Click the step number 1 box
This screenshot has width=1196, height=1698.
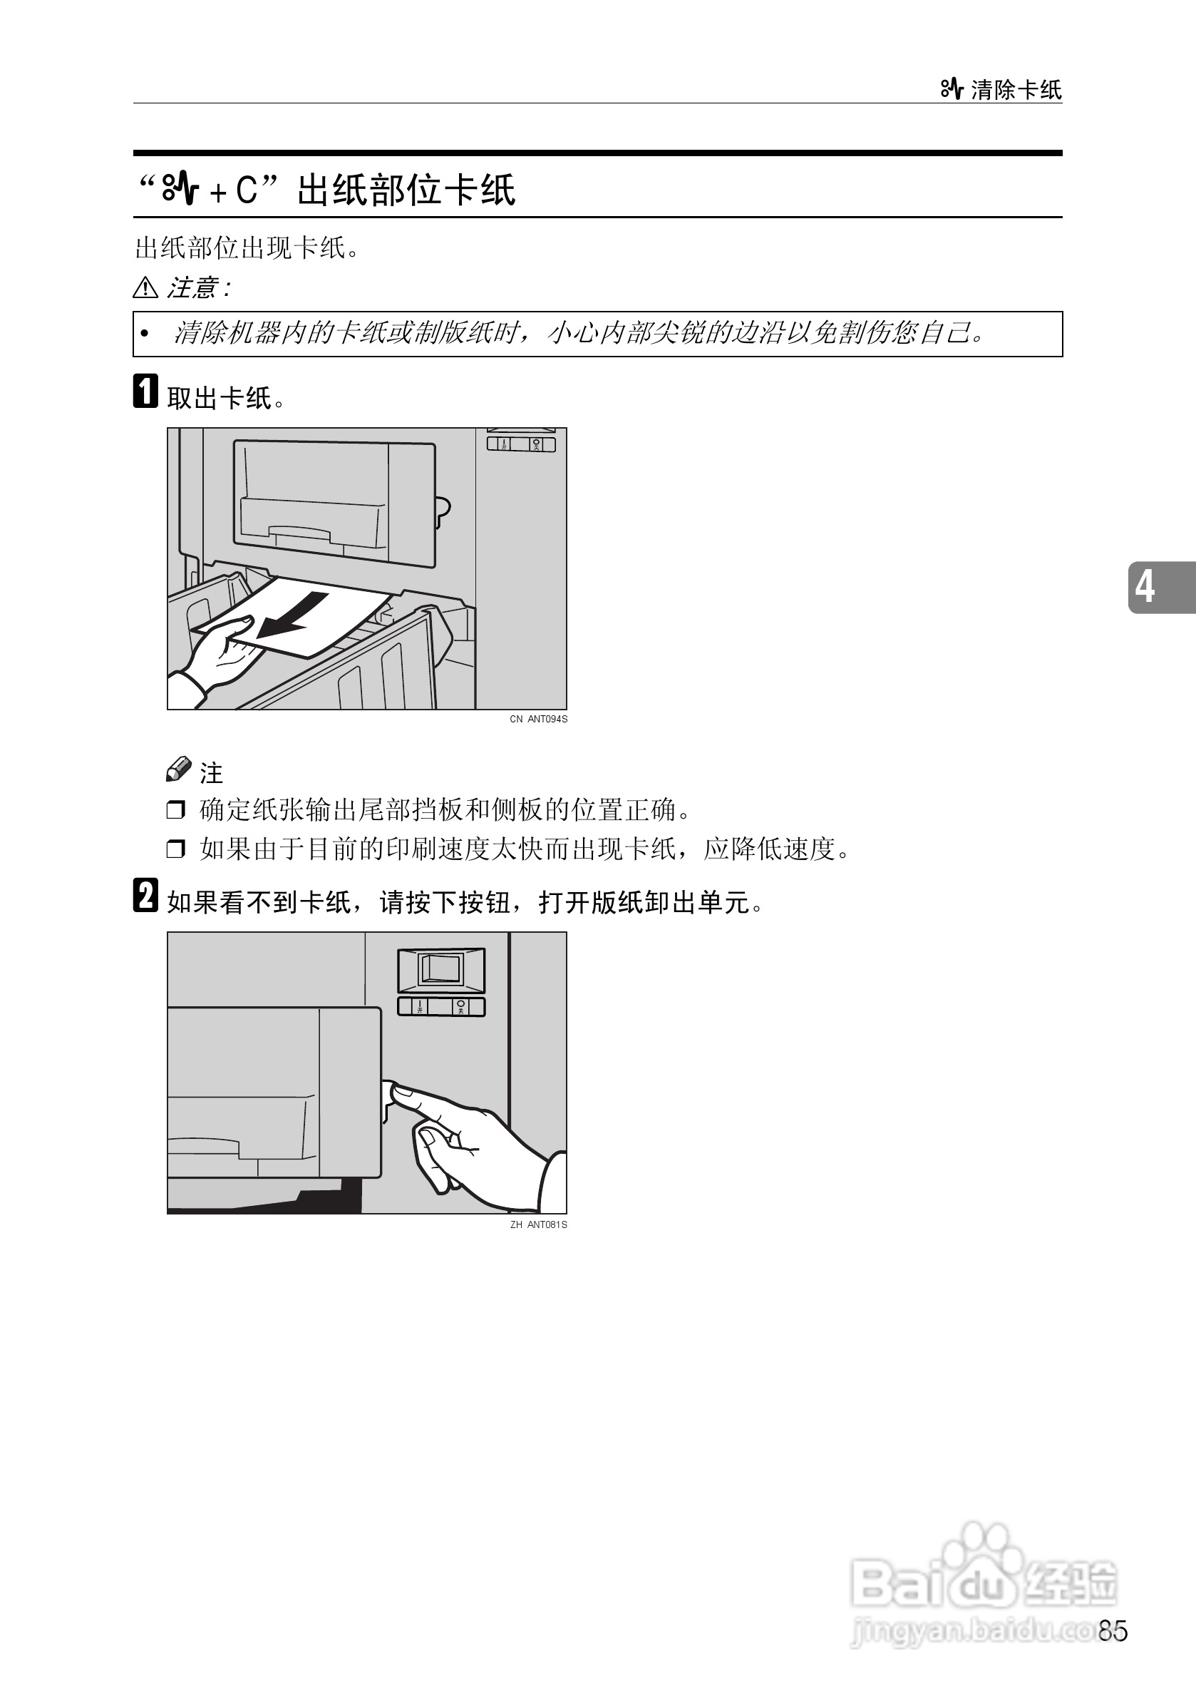click(x=145, y=391)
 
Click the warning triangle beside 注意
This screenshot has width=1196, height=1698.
click(x=145, y=287)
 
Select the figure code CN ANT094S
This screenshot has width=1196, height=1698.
click(x=538, y=719)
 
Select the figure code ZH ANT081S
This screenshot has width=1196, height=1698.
click(x=538, y=1224)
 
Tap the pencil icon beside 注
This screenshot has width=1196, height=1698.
click(x=178, y=769)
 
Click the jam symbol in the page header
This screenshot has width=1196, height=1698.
click(x=952, y=89)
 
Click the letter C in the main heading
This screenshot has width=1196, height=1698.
click(x=246, y=190)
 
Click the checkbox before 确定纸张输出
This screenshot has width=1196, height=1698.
click(x=175, y=810)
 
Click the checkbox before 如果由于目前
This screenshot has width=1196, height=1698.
click(x=175, y=848)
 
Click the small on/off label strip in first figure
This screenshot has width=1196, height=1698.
click(x=520, y=444)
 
